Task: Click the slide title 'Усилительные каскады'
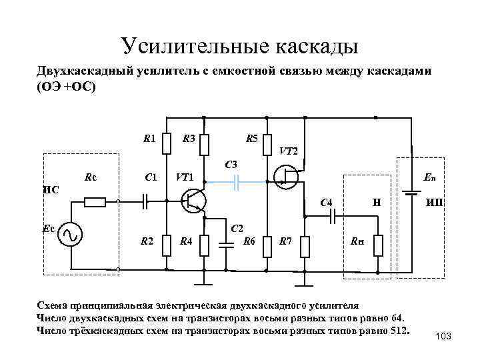coord(240,45)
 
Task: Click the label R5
coord(251,139)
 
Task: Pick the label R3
coord(189,139)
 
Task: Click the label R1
coord(150,139)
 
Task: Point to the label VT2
coord(289,151)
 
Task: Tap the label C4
coord(327,202)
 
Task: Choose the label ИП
coord(435,202)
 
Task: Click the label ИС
coord(51,189)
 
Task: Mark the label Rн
coord(357,241)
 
